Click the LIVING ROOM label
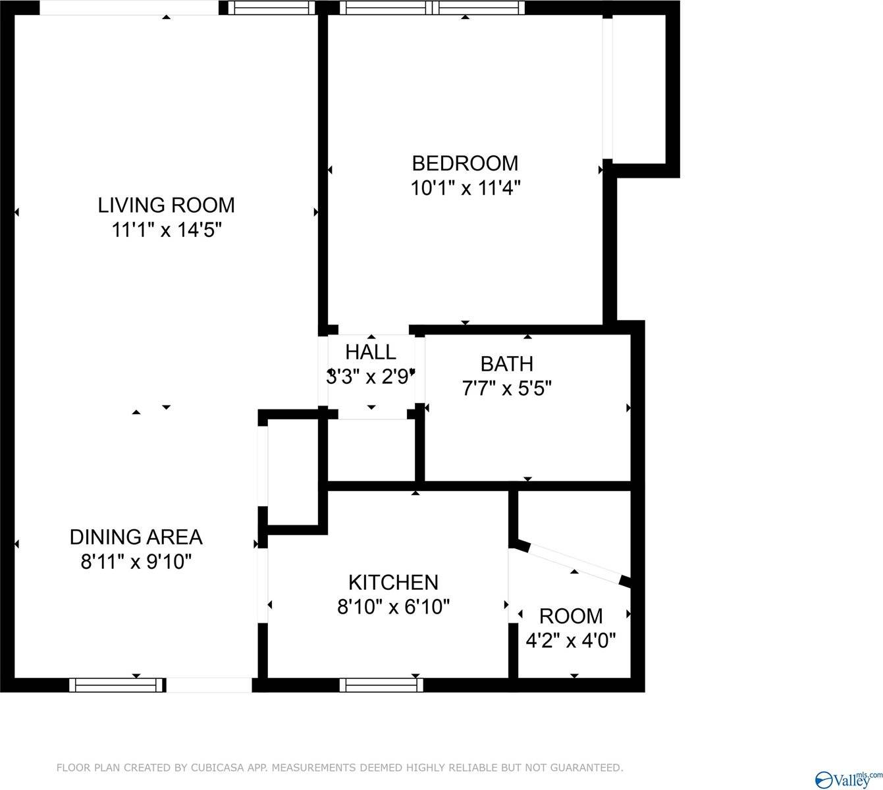pos(166,205)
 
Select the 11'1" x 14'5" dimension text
pos(166,230)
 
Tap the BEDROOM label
pos(465,163)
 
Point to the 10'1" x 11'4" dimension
pos(465,188)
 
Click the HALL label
pos(371,352)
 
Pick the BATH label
pos(506,363)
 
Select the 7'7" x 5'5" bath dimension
pos(506,388)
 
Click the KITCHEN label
pos(393,582)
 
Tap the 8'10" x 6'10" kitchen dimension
pos(393,607)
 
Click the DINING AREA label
pos(136,537)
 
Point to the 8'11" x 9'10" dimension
pos(136,562)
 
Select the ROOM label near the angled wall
pos(571,616)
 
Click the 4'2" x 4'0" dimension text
pos(571,640)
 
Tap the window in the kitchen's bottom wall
pos(381,685)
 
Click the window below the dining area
pos(117,685)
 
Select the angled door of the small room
pos(574,563)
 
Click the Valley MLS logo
pos(848,778)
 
